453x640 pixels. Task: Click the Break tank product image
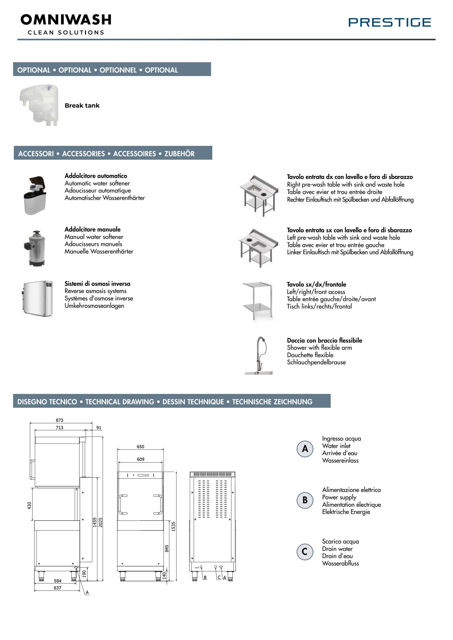click(x=39, y=105)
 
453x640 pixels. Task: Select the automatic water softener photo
click(x=35, y=195)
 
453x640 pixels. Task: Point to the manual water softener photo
click(x=35, y=248)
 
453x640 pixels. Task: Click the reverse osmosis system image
click(x=38, y=299)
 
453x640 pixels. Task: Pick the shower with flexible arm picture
click(x=259, y=355)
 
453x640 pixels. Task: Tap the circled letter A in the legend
click(x=305, y=449)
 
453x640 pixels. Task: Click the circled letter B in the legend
click(x=305, y=500)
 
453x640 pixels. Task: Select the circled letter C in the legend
click(x=305, y=552)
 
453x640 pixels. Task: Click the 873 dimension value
click(x=60, y=420)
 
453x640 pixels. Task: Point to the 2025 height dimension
click(x=101, y=522)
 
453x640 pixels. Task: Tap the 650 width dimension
click(x=140, y=446)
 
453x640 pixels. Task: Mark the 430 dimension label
click(x=29, y=505)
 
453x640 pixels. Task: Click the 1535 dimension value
click(x=173, y=526)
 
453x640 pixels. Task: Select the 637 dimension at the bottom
click(x=58, y=588)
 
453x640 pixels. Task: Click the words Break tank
click(x=82, y=105)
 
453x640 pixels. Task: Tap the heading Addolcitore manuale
click(x=92, y=229)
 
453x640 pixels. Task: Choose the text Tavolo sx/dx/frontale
click(x=316, y=284)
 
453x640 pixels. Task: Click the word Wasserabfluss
click(x=340, y=563)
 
